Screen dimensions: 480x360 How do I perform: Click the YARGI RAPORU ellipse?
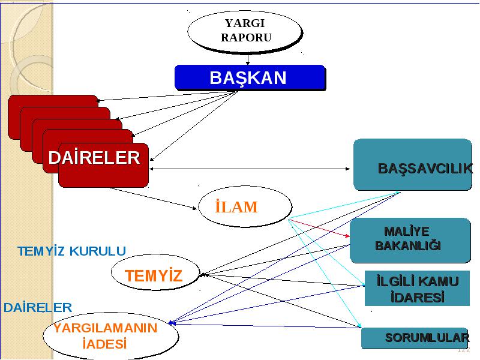245,31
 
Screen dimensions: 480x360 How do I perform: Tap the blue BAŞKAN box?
250,77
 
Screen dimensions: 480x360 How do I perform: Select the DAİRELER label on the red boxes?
94,158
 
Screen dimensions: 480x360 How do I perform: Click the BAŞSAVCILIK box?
413,164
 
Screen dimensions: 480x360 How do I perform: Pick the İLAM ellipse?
245,206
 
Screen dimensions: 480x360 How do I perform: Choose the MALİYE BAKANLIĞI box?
410,241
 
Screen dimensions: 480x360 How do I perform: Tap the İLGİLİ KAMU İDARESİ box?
417,288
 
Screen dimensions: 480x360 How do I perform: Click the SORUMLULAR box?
415,338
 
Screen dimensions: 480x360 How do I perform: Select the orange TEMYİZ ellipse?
155,272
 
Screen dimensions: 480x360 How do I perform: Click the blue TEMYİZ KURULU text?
72,251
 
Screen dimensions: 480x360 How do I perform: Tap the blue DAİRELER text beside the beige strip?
38,307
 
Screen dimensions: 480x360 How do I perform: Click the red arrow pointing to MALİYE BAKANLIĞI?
319,228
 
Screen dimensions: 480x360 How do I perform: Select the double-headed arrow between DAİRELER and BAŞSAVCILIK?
250,169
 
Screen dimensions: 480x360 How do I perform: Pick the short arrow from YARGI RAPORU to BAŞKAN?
248,59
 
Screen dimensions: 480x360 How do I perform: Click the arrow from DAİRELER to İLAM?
153,199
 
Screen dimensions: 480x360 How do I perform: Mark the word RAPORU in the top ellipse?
246,38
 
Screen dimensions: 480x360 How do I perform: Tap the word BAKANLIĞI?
408,245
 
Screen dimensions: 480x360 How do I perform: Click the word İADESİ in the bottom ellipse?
104,344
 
